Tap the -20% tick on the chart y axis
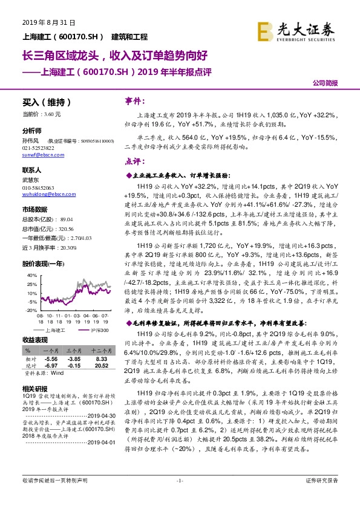(x=30, y=310)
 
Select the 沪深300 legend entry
(x=100, y=331)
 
